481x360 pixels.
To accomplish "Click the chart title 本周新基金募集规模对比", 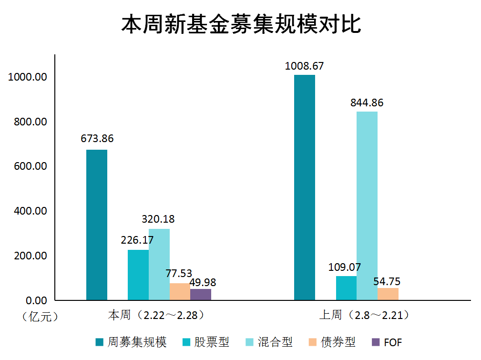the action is [241, 24].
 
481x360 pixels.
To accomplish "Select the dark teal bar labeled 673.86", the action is [97, 225].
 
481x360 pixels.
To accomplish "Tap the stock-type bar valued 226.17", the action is [138, 275].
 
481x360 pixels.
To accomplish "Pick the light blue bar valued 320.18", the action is [159, 265].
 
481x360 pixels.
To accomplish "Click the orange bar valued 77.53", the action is [180, 291].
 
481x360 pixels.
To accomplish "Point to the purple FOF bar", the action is [201, 295].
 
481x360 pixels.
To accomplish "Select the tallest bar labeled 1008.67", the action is [305, 187].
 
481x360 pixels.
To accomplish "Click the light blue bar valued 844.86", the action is [367, 206].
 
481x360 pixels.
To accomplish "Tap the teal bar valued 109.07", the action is [347, 288].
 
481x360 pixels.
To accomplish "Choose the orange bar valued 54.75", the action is [388, 294].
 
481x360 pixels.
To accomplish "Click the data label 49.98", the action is [203, 282].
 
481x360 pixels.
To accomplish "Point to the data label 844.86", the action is [367, 103].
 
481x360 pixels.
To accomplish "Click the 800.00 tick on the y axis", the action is [31, 122].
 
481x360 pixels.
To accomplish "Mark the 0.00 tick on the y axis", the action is [37, 300].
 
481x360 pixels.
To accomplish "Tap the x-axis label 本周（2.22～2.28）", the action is [156, 315].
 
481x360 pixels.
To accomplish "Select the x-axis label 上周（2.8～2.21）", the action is [364, 315].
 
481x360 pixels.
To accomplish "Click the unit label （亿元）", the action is [40, 317].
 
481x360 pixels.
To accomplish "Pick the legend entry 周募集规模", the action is [131, 342].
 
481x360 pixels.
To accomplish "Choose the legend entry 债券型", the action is [332, 342].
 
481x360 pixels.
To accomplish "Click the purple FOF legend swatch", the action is [376, 342].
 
